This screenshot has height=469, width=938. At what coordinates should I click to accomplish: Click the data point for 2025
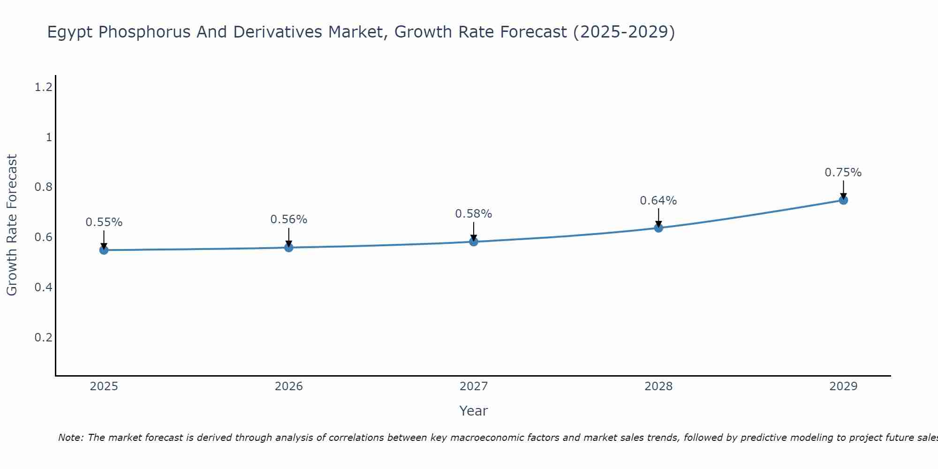104,250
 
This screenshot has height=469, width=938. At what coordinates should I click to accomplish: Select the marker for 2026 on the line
289,247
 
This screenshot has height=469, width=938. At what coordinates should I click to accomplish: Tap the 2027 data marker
474,242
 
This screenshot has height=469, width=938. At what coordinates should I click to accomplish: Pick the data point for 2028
658,228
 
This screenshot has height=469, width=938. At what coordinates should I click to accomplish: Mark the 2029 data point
843,200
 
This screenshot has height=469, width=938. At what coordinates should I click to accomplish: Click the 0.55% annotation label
104,222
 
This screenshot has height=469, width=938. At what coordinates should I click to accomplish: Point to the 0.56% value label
289,219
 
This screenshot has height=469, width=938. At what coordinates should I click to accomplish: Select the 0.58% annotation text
474,214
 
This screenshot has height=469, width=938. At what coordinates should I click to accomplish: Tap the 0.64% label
658,201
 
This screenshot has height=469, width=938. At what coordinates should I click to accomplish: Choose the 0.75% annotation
843,173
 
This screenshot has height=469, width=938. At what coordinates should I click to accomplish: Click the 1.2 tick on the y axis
44,87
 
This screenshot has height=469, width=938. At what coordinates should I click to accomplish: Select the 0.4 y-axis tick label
44,287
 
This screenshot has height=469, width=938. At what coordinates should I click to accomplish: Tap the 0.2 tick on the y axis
44,338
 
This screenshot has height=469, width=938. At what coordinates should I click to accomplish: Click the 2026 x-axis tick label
289,386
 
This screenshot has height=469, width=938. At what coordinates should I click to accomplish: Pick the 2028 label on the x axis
658,386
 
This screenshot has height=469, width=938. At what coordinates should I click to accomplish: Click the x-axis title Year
474,411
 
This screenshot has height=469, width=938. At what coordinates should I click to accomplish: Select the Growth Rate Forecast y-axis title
12,225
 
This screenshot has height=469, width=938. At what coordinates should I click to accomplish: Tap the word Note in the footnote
70,438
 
